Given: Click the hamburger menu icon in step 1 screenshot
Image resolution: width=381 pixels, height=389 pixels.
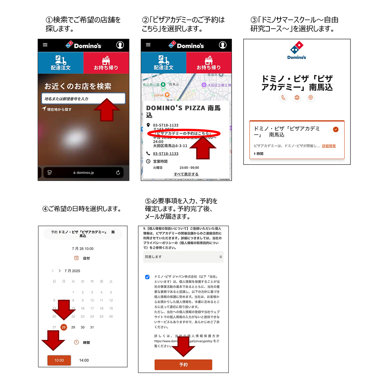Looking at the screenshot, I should [x=45, y=45].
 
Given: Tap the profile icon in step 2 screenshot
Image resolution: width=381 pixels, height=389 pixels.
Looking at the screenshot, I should [x=222, y=45].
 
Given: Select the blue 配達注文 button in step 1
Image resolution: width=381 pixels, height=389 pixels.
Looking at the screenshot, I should [x=61, y=63].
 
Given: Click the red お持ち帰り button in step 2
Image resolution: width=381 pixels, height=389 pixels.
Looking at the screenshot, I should [x=209, y=63].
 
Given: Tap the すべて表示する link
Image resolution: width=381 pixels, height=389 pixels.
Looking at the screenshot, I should [x=186, y=174].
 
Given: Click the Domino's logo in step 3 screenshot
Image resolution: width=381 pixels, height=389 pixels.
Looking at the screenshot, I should [x=297, y=50].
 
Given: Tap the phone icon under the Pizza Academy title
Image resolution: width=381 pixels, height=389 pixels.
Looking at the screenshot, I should [x=283, y=98].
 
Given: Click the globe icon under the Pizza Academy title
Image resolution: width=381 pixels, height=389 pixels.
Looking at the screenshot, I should [x=297, y=98].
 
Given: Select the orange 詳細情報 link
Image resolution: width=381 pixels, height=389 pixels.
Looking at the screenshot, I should [x=329, y=146].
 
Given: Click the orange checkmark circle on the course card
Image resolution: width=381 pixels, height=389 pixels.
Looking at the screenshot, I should [x=336, y=129].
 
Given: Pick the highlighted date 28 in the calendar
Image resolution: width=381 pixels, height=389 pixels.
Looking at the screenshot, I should [x=64, y=327].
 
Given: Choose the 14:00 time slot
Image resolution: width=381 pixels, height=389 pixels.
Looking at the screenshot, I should [x=84, y=360].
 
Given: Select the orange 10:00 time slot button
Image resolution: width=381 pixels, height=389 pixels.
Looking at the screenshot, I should [x=59, y=360].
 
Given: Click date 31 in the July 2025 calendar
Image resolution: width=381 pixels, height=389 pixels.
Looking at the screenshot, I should [x=92, y=327].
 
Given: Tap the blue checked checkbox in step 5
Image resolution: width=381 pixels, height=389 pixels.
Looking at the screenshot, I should [x=147, y=277].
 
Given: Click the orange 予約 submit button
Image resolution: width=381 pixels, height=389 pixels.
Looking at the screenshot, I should [x=183, y=365].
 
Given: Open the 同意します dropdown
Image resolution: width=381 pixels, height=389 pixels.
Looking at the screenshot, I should [x=183, y=256].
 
